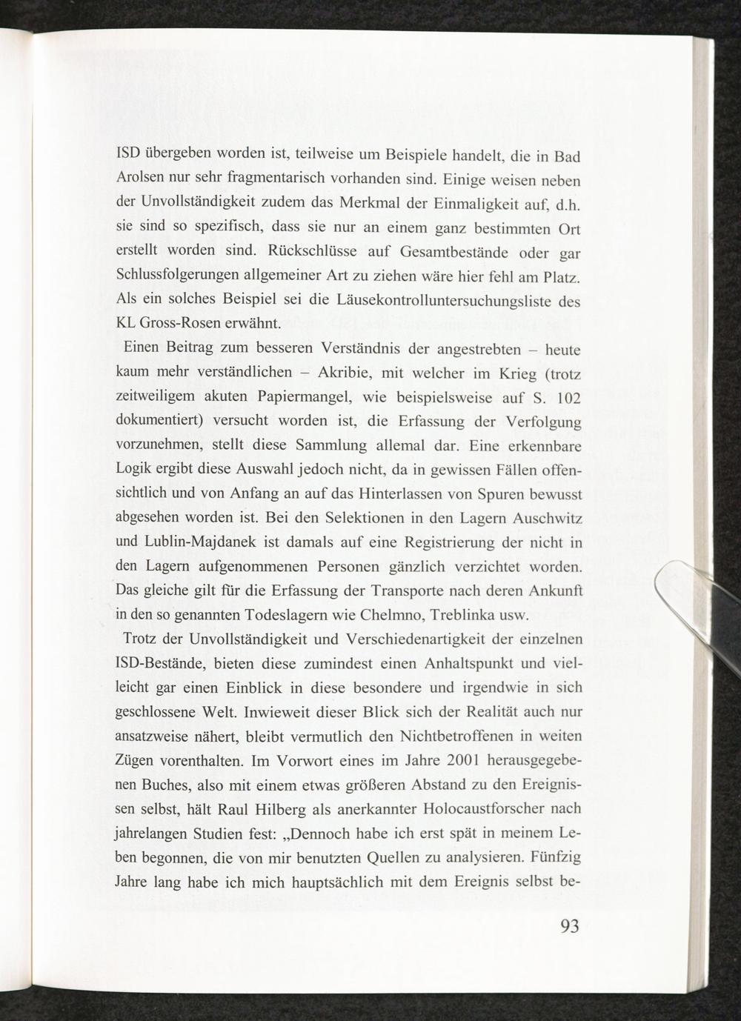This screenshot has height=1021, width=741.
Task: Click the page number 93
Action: tap(569, 928)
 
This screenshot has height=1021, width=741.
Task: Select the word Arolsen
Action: tap(141, 181)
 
